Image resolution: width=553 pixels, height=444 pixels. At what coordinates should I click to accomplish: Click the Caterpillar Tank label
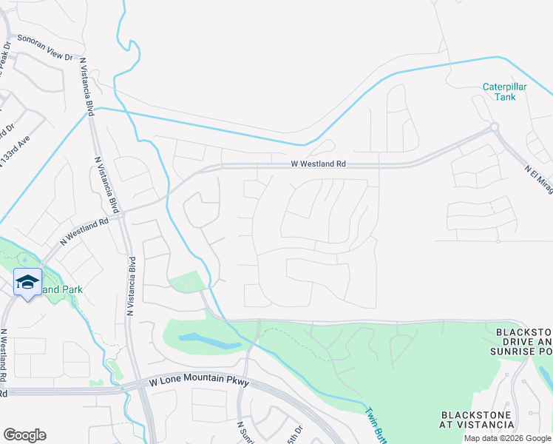(504, 92)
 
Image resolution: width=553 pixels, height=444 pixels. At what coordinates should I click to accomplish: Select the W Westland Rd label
(317, 164)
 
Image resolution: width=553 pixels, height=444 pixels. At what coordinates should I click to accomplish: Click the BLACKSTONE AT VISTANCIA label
(477, 420)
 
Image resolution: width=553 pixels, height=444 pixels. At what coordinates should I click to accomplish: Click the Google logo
(24, 435)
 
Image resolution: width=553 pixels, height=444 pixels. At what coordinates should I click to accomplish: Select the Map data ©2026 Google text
(506, 438)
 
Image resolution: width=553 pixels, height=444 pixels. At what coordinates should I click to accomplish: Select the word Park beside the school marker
(72, 289)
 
